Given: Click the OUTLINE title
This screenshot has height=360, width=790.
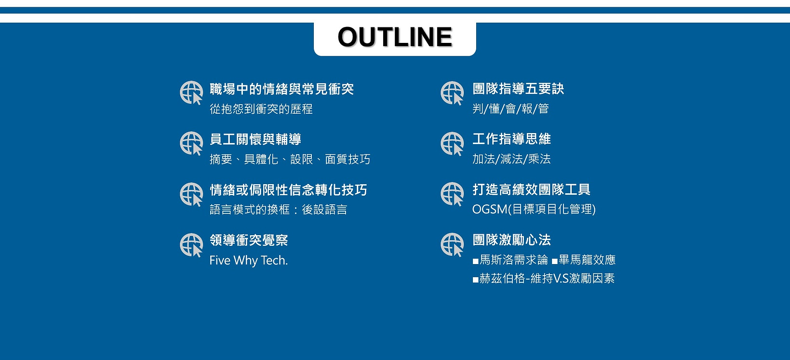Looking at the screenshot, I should click(x=395, y=37).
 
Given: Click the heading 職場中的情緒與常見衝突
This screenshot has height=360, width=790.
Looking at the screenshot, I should click(x=281, y=89).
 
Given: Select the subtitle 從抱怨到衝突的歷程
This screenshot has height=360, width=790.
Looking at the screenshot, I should click(x=261, y=109).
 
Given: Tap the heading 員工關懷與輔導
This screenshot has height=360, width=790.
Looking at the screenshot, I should click(x=255, y=140).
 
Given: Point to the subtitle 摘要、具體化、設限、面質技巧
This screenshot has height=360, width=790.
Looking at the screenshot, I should click(x=290, y=160).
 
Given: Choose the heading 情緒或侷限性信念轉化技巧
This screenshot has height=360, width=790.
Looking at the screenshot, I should click(x=288, y=190).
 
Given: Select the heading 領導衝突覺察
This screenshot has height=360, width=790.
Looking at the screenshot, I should click(x=249, y=240).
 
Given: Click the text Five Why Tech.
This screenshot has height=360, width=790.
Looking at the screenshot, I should click(x=248, y=261).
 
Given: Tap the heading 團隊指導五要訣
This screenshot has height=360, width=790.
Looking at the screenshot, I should click(x=518, y=89).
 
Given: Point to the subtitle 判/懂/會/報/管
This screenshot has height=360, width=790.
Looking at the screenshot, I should click(x=510, y=109).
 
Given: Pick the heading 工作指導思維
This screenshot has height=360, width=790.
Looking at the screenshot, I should click(x=511, y=139).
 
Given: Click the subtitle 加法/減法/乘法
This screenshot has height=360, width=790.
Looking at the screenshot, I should click(x=511, y=159).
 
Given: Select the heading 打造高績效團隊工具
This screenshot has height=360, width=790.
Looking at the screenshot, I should click(x=531, y=190).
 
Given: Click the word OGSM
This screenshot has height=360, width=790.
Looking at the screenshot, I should click(x=490, y=210).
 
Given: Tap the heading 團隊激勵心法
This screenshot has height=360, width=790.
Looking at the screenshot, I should click(x=511, y=240).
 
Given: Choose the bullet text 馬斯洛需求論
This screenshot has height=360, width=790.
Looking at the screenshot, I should click(x=514, y=260).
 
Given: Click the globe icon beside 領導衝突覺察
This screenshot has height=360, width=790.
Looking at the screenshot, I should click(x=191, y=245).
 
